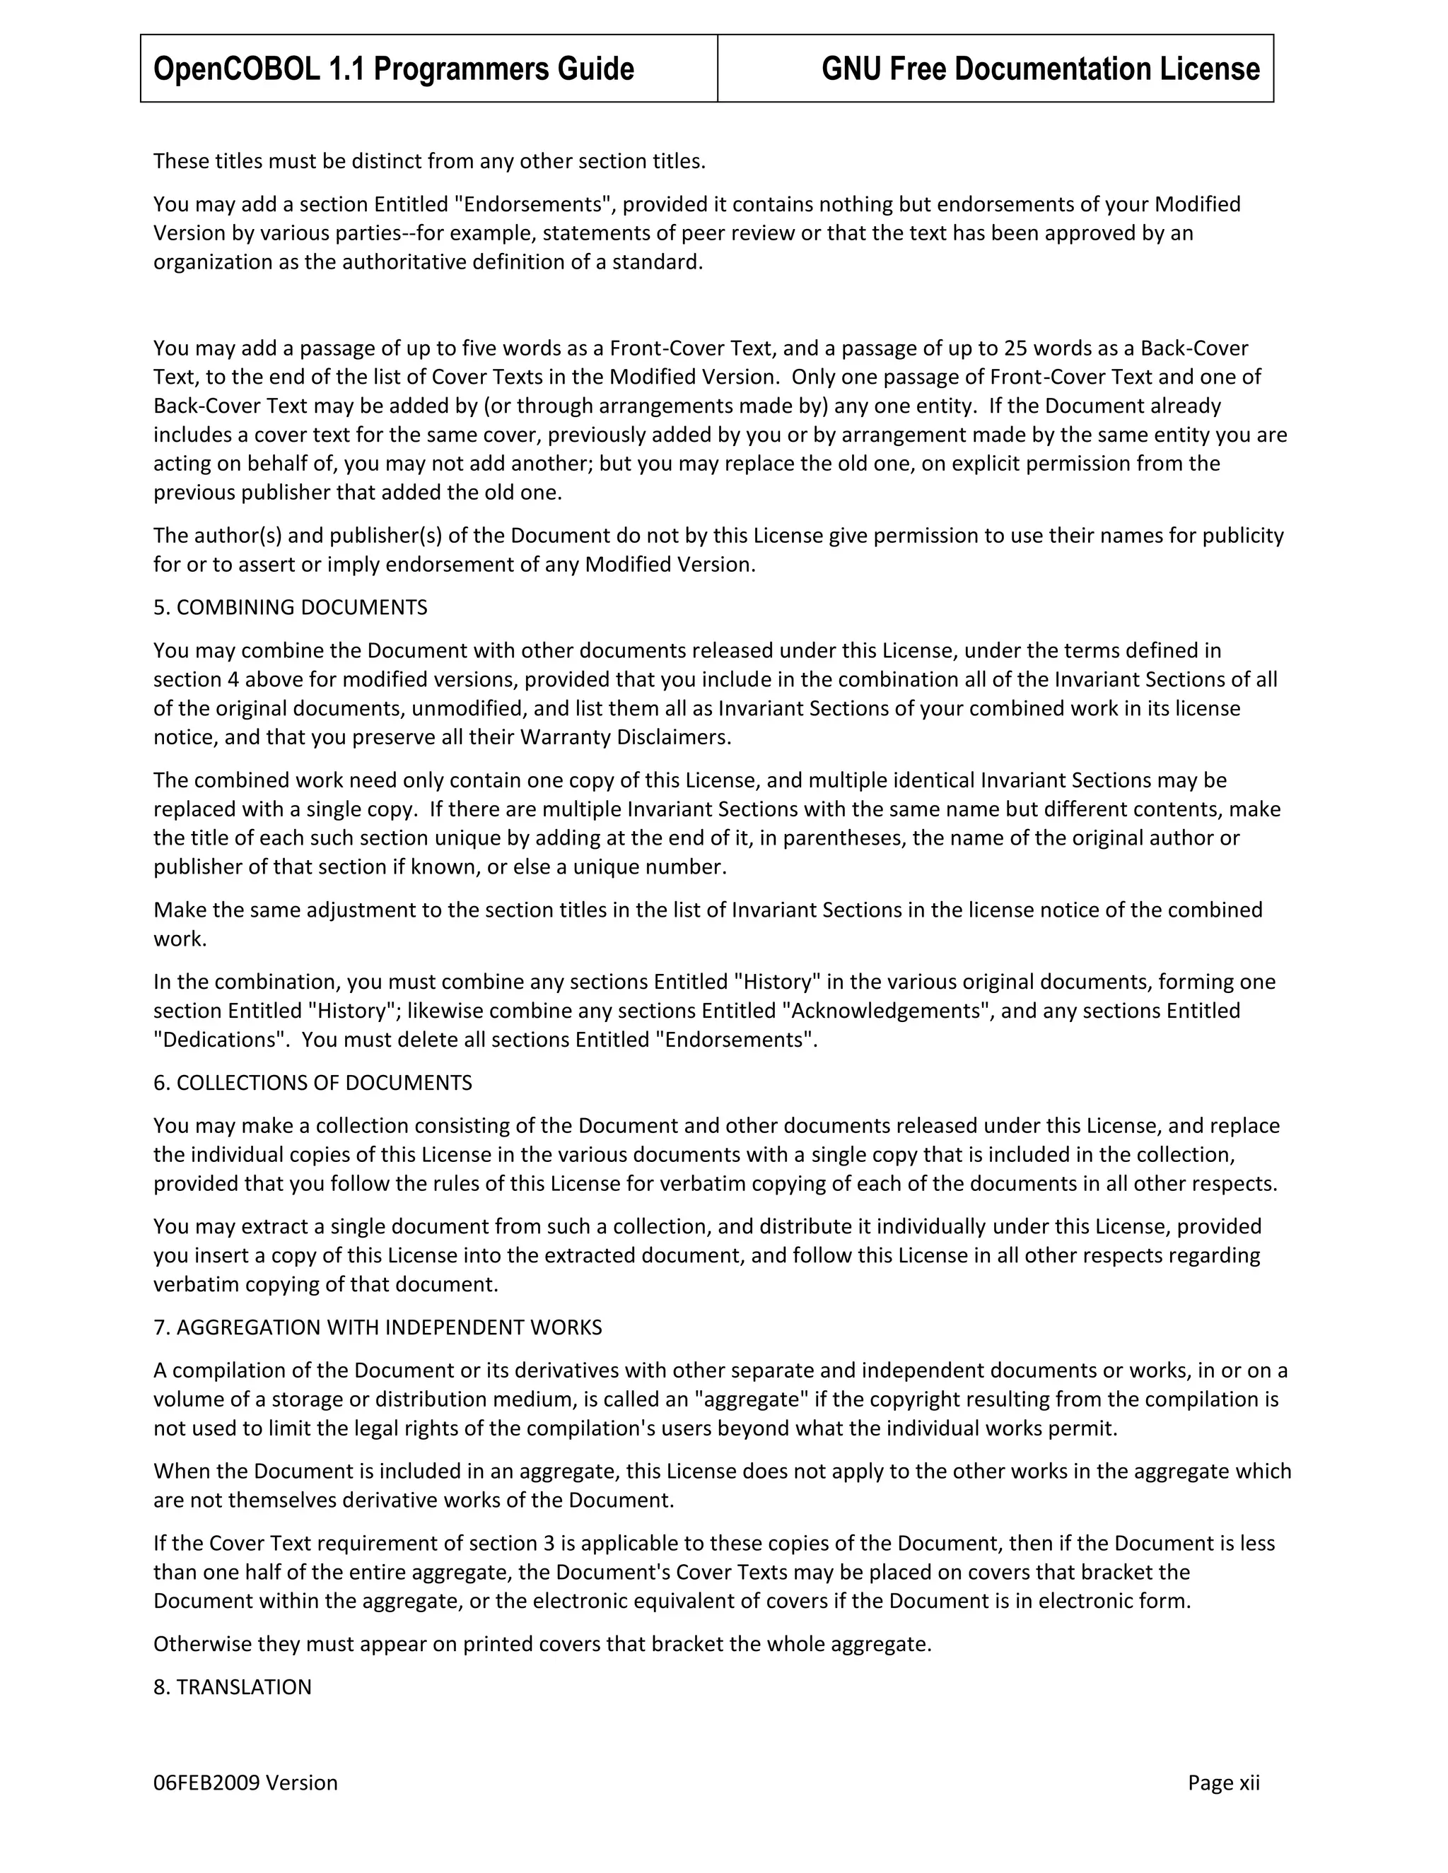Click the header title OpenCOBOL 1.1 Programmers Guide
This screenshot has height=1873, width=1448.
pos(394,69)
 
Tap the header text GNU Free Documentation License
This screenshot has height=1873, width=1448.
pos(1039,69)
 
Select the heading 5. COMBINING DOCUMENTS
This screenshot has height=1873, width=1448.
pos(290,607)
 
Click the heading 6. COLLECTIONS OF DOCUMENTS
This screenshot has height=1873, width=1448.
pos(313,1082)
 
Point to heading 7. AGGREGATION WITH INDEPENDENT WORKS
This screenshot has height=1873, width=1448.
pos(378,1327)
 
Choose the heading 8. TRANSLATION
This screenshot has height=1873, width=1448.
pos(232,1687)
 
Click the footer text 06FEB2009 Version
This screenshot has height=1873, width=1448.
pos(245,1783)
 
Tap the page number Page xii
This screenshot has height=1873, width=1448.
pos(1223,1783)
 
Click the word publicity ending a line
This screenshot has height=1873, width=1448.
pos(1243,536)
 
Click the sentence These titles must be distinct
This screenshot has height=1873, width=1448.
pos(429,161)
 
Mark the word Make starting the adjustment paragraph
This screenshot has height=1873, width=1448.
pos(175,910)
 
